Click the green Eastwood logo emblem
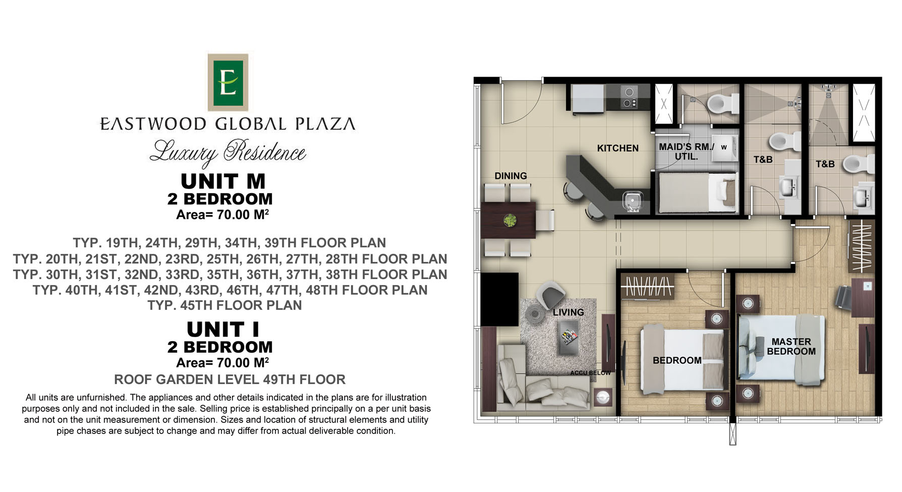pyautogui.click(x=228, y=82)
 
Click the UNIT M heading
pyautogui.click(x=223, y=181)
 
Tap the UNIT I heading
pyautogui.click(x=223, y=330)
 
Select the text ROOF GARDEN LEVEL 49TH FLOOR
pyautogui.click(x=230, y=379)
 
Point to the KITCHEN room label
pyautogui.click(x=617, y=148)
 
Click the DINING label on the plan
pyautogui.click(x=511, y=176)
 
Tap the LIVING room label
pyautogui.click(x=568, y=312)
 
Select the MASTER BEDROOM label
pyautogui.click(x=791, y=347)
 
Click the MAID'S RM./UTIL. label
pyautogui.click(x=687, y=152)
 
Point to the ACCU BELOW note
pyautogui.click(x=590, y=373)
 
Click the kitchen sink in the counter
pyautogui.click(x=631, y=201)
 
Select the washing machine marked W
pyautogui.click(x=724, y=147)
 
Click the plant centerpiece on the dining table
pyautogui.click(x=510, y=221)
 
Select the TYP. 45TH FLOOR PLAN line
pyautogui.click(x=224, y=305)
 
